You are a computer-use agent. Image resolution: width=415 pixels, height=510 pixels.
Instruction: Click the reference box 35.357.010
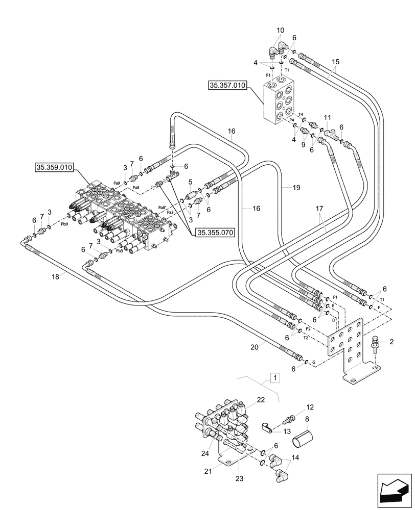(x=227, y=86)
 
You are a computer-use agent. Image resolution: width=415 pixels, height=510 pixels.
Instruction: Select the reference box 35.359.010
(x=54, y=167)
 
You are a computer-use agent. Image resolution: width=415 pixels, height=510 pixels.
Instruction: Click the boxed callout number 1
(x=275, y=378)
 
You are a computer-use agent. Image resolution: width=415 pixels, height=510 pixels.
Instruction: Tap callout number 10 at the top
(x=281, y=31)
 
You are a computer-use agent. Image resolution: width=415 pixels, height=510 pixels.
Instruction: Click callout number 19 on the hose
(x=296, y=188)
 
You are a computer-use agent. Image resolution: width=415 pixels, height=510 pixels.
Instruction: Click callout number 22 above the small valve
(x=261, y=400)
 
